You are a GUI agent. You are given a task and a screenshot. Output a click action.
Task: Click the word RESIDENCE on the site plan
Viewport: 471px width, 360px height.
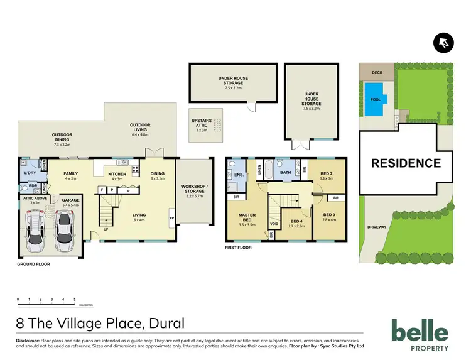tap(405, 163)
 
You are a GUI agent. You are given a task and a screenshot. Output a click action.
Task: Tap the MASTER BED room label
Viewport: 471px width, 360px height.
tap(246, 217)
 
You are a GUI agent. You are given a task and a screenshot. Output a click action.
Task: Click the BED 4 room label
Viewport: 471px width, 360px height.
tap(295, 221)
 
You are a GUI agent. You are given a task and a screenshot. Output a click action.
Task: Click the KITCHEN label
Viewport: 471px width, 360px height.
tap(117, 174)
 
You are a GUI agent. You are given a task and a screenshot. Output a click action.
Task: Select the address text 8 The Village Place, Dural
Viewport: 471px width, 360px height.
tap(101, 324)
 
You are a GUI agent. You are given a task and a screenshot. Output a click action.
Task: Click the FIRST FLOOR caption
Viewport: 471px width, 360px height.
tap(238, 248)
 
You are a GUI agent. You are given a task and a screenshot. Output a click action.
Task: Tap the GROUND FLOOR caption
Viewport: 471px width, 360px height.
tap(33, 265)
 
